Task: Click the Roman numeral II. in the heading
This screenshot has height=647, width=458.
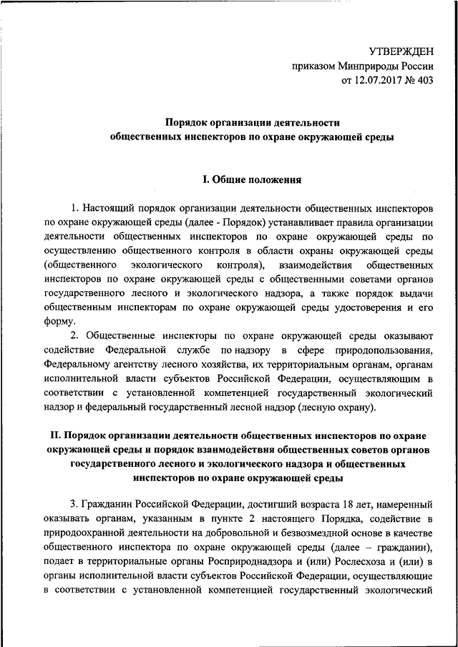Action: coord(54,434)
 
